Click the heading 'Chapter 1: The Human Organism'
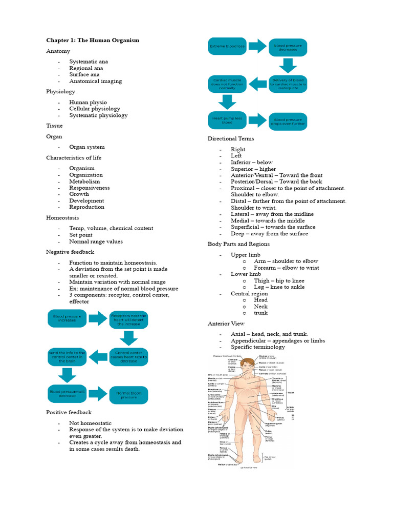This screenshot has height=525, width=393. point(93,40)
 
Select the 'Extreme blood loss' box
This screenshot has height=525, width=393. point(227,47)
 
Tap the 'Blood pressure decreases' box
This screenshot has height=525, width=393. point(288,47)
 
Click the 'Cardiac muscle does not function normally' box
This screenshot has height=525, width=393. point(227,84)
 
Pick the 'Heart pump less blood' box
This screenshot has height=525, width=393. point(227,120)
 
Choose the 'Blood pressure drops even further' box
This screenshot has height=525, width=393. point(288,122)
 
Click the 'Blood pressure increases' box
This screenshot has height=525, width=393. point(67,319)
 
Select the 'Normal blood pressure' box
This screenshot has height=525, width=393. point(128,395)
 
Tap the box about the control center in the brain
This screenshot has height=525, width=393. point(67,357)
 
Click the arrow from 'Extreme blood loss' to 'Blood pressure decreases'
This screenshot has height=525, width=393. point(257,47)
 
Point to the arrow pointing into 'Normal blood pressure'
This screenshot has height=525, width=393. point(98,394)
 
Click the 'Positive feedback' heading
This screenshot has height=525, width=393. point(69,412)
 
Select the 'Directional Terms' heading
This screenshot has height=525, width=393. point(231,138)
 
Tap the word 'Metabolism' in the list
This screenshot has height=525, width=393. point(85,181)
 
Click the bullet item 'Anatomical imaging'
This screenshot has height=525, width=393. point(96,81)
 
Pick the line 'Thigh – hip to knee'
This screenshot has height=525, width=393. point(279,280)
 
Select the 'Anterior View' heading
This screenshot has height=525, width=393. point(226,324)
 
